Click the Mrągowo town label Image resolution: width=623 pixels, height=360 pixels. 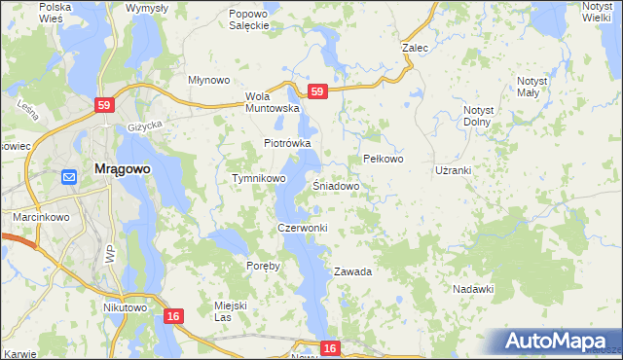pyautogui.click(x=122, y=168)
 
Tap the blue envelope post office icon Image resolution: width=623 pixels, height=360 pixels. pyautogui.click(x=69, y=176)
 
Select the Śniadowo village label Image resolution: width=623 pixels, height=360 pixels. pyautogui.click(x=337, y=185)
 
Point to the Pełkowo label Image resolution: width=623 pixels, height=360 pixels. pyautogui.click(x=383, y=159)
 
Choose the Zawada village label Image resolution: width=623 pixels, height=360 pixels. pyautogui.click(x=353, y=271)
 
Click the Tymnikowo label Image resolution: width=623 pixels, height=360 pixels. pyautogui.click(x=258, y=179)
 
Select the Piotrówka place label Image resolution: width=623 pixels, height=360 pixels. pyautogui.click(x=287, y=143)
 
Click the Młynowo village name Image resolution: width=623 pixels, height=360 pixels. pyautogui.click(x=207, y=81)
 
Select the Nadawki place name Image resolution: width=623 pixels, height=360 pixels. pyautogui.click(x=474, y=289)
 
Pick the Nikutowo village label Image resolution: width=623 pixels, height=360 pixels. pyautogui.click(x=125, y=307)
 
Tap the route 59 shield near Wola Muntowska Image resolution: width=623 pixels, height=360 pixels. pyautogui.click(x=316, y=91)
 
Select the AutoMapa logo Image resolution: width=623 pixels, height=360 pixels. pyautogui.click(x=561, y=342)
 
